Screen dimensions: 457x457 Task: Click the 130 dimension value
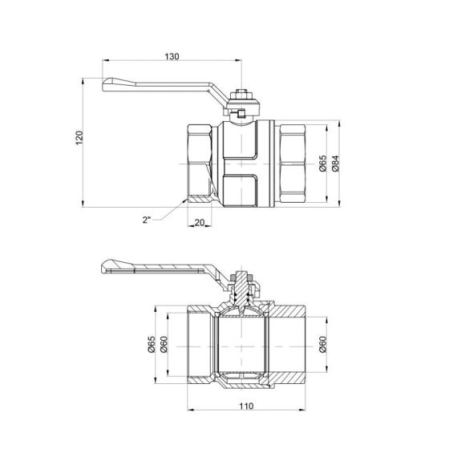pyautogui.click(x=172, y=56)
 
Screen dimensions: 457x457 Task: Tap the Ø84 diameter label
pyautogui.click(x=336, y=164)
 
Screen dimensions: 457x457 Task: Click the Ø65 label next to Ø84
pyautogui.click(x=322, y=164)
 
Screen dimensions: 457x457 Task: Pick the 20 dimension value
pyautogui.click(x=200, y=224)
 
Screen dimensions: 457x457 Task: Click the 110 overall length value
pyautogui.click(x=245, y=407)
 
